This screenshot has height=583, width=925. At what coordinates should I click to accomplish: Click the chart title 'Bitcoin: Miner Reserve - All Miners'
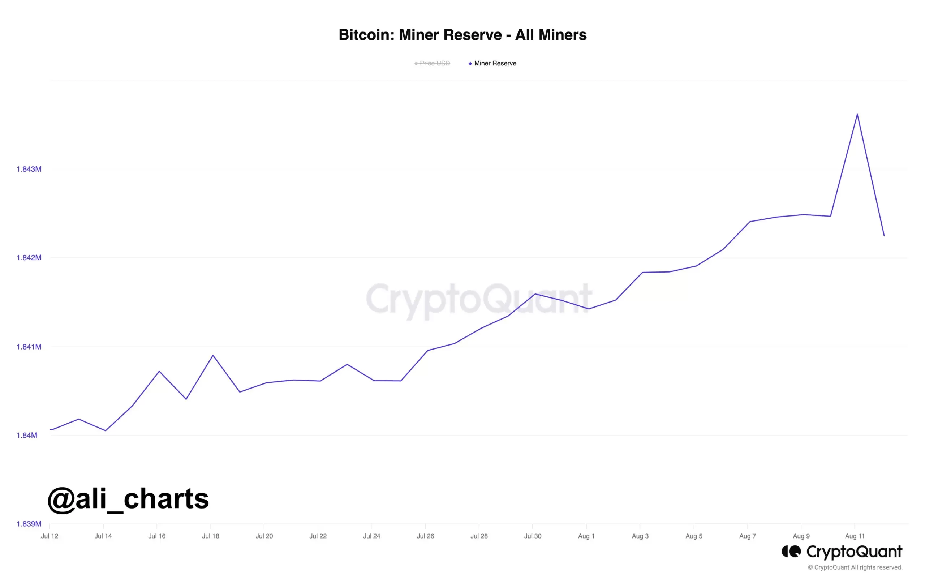pyautogui.click(x=462, y=35)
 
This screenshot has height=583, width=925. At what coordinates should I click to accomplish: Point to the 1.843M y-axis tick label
pyautogui.click(x=29, y=169)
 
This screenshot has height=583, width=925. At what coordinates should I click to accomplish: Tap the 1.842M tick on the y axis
pyautogui.click(x=29, y=257)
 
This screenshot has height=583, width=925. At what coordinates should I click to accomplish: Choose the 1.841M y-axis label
pyautogui.click(x=29, y=347)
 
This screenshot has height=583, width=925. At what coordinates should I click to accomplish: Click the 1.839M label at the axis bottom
pyautogui.click(x=29, y=524)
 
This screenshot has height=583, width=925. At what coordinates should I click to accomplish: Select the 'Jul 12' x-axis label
pyautogui.click(x=50, y=536)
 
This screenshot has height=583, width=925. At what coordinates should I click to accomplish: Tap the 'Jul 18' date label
pyautogui.click(x=211, y=536)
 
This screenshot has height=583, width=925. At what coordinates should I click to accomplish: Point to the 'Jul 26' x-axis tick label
pyautogui.click(x=425, y=536)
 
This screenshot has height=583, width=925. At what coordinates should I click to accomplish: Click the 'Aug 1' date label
pyautogui.click(x=586, y=536)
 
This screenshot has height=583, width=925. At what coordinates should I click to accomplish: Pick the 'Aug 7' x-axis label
pyautogui.click(x=748, y=536)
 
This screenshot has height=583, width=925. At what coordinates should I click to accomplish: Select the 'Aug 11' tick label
pyautogui.click(x=855, y=536)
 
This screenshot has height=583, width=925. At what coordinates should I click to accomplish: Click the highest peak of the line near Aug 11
pyautogui.click(x=857, y=114)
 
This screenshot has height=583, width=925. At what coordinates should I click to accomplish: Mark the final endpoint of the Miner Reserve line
pyautogui.click(x=884, y=236)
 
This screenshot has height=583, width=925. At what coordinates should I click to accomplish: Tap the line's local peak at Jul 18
pyautogui.click(x=213, y=355)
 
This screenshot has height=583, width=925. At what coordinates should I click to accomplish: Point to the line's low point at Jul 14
pyautogui.click(x=105, y=430)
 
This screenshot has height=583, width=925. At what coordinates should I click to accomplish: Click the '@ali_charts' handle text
pyautogui.click(x=128, y=499)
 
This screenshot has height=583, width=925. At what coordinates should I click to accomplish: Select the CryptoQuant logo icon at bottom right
pyautogui.click(x=791, y=552)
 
